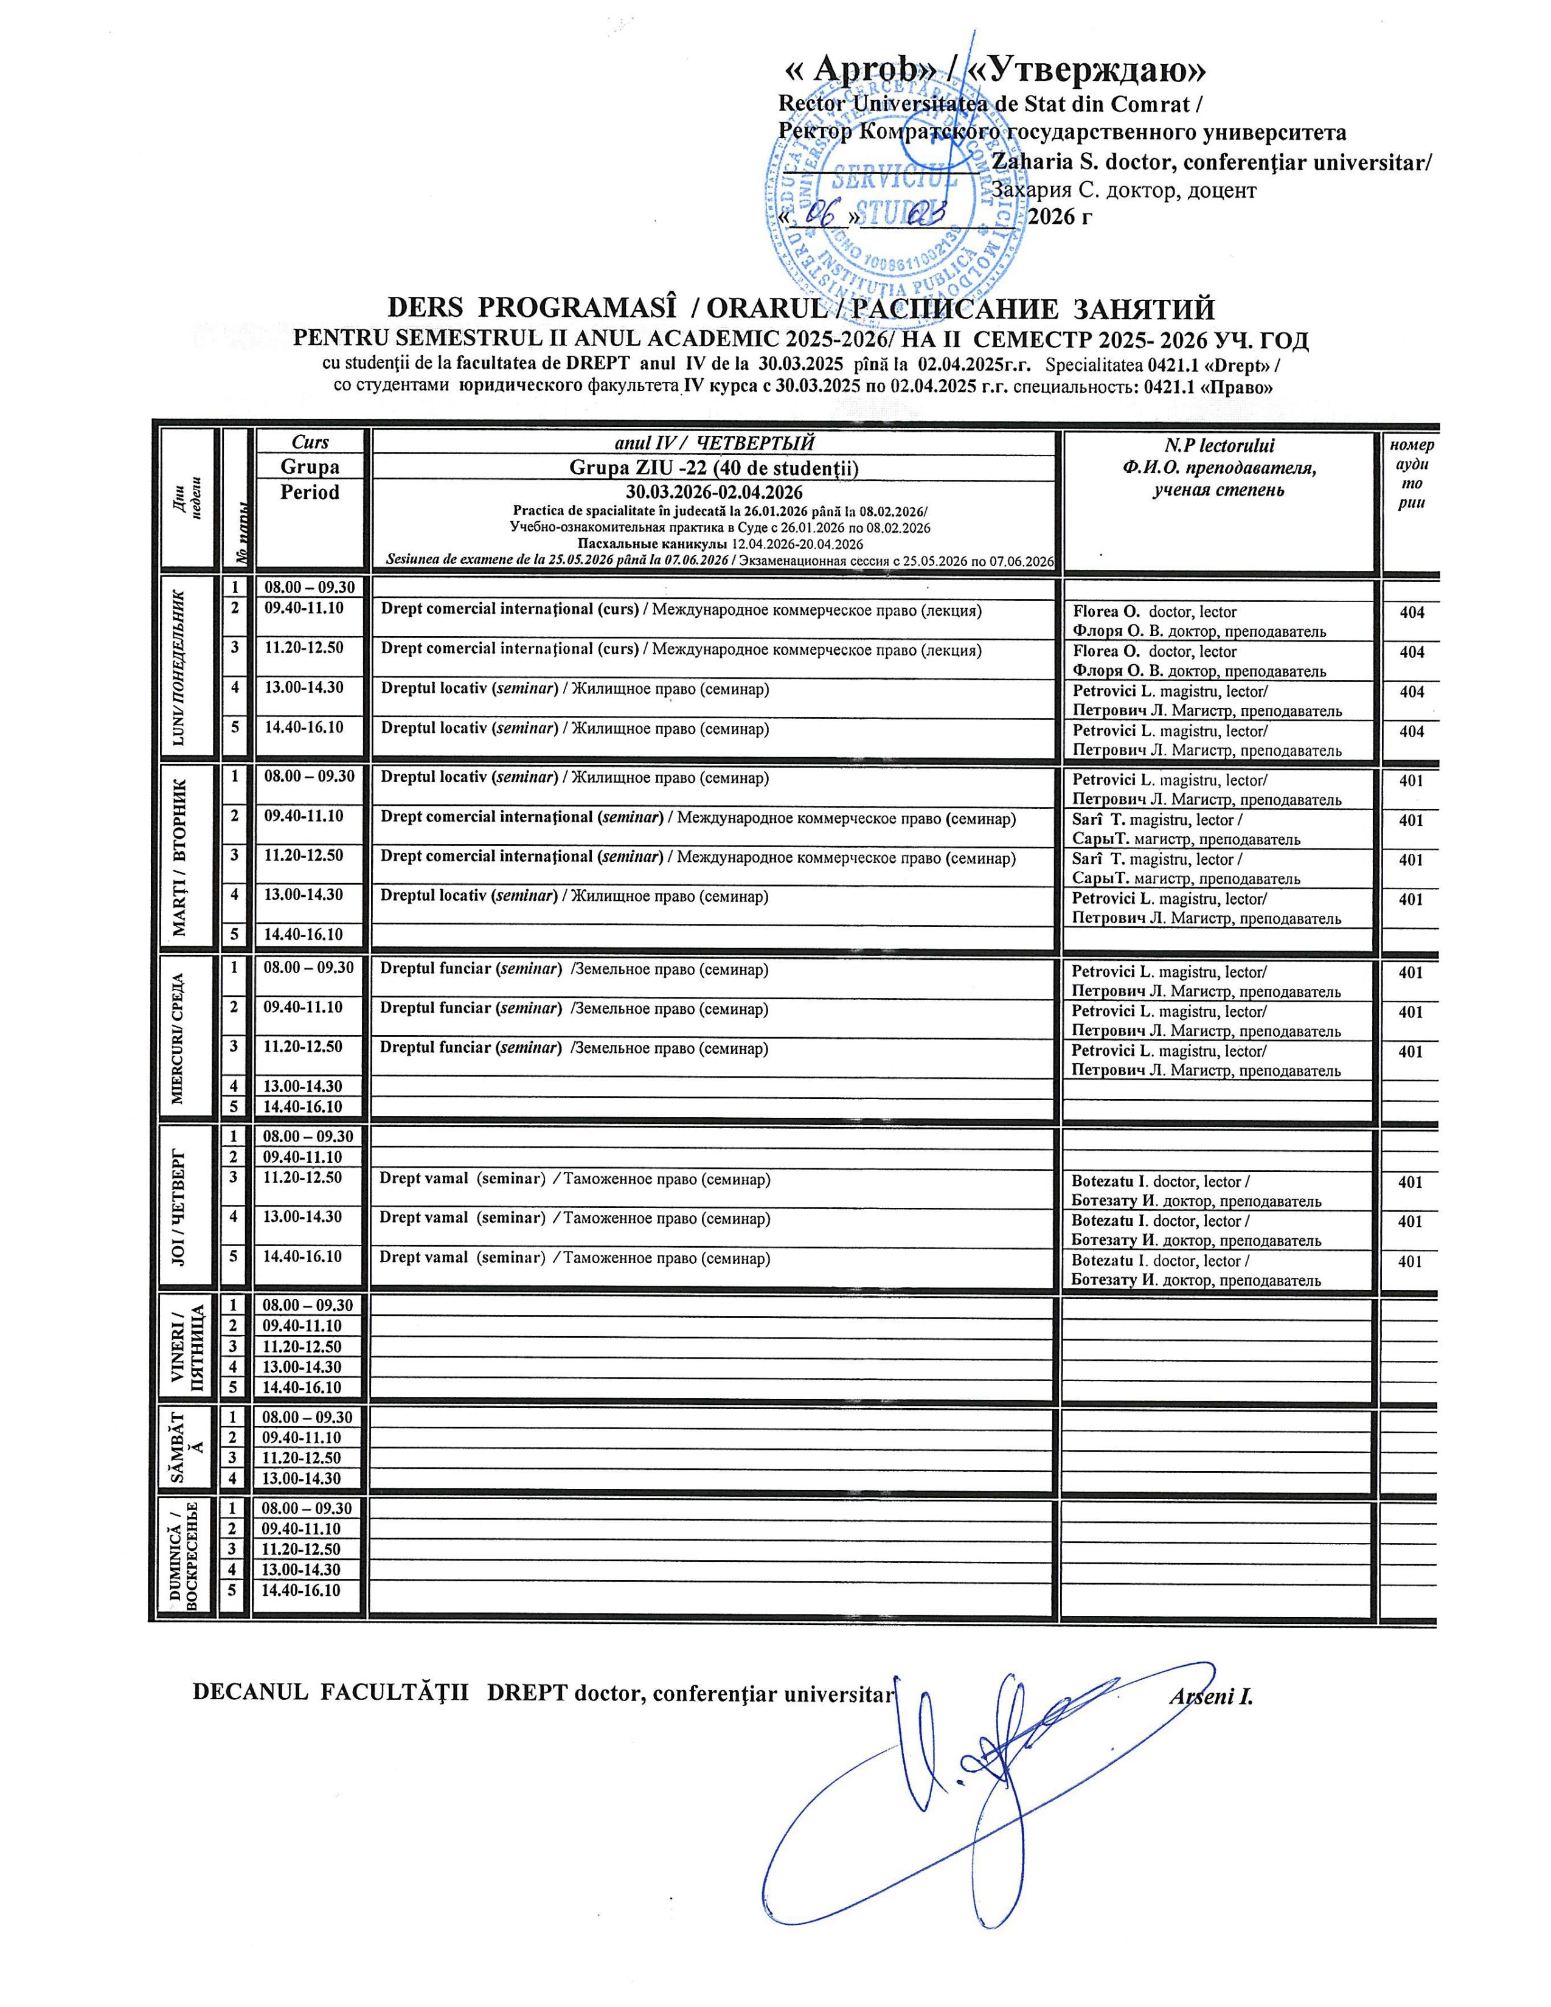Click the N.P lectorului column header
click(1220, 468)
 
